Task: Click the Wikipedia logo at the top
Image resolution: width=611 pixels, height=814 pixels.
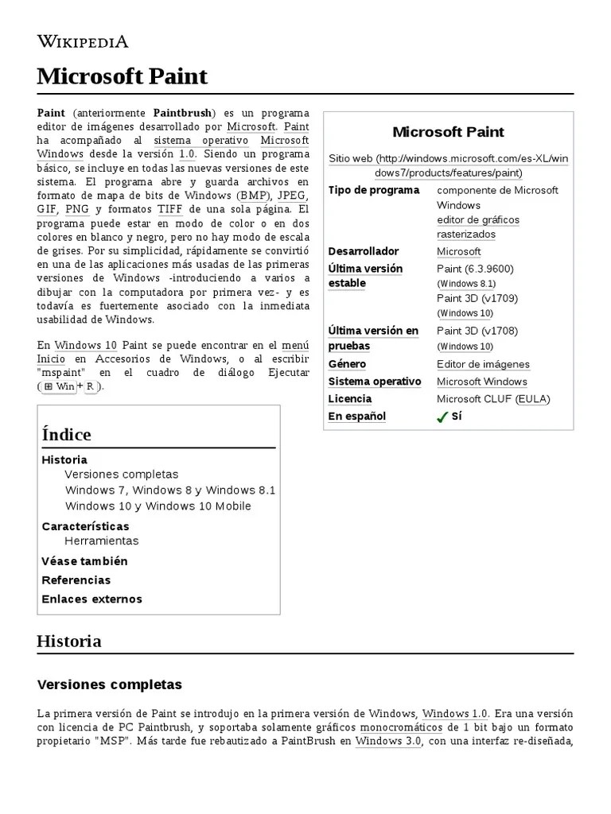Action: coord(82,41)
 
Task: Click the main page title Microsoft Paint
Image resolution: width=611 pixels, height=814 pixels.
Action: coord(122,76)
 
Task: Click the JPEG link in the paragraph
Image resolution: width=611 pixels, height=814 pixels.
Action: coord(291,195)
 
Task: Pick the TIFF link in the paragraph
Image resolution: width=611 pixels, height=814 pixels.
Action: coord(169,209)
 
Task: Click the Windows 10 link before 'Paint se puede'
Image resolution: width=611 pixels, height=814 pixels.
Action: coord(86,345)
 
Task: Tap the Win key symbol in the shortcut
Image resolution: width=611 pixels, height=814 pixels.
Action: coord(60,386)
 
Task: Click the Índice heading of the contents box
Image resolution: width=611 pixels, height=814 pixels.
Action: coord(66,434)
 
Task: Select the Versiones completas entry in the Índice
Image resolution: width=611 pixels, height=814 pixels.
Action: coord(122,475)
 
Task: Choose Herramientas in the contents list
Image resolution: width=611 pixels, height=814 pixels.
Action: coord(102,541)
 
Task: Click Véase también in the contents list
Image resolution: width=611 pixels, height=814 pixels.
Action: coord(84,561)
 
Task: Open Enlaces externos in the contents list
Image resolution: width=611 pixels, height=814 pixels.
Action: coord(91,599)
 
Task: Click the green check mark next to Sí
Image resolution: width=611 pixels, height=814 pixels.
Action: coord(442,417)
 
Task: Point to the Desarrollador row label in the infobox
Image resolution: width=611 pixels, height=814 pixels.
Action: coord(364,251)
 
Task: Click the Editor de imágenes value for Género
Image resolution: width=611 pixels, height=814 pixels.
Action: coord(483,364)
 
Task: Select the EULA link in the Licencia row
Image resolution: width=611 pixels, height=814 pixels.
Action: coord(533,399)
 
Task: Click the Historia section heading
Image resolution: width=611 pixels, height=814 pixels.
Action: coord(69,641)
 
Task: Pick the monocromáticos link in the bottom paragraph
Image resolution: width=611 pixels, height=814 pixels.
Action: coord(401,728)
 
